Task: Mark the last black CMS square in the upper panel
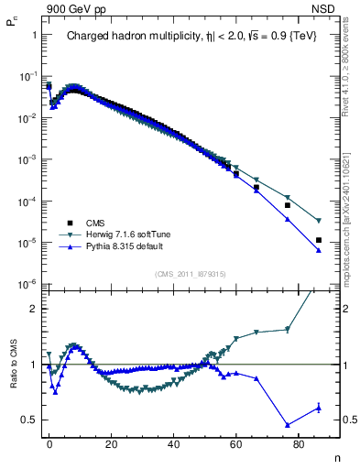pos(318,240)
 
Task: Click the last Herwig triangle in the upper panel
pos(318,221)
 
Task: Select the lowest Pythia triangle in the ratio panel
pos(288,425)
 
